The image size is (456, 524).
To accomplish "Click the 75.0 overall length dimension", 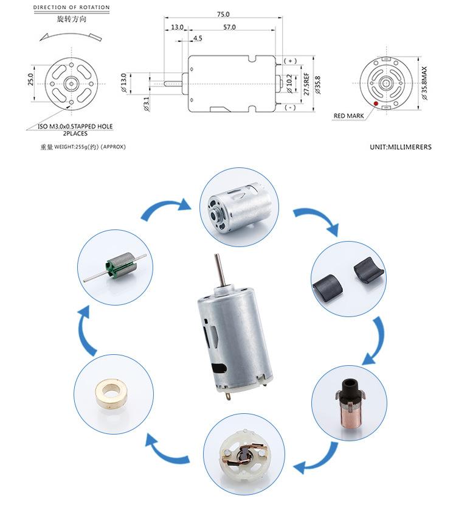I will pyautogui.click(x=223, y=14).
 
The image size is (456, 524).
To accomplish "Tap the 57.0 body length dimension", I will pyautogui.click(x=229, y=27).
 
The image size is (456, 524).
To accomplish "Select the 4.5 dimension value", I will pyautogui.click(x=198, y=38).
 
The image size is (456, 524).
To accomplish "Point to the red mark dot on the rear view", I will pyautogui.click(x=376, y=104).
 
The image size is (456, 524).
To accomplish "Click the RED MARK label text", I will pyautogui.click(x=348, y=116).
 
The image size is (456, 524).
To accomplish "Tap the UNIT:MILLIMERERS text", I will pyautogui.click(x=400, y=147).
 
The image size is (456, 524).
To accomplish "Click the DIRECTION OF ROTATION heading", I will pyautogui.click(x=71, y=8).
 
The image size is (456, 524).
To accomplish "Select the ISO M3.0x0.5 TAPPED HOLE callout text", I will pyautogui.click(x=71, y=127).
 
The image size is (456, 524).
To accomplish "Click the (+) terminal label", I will pyautogui.click(x=289, y=61).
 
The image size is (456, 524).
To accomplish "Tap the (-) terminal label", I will pyautogui.click(x=289, y=108).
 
